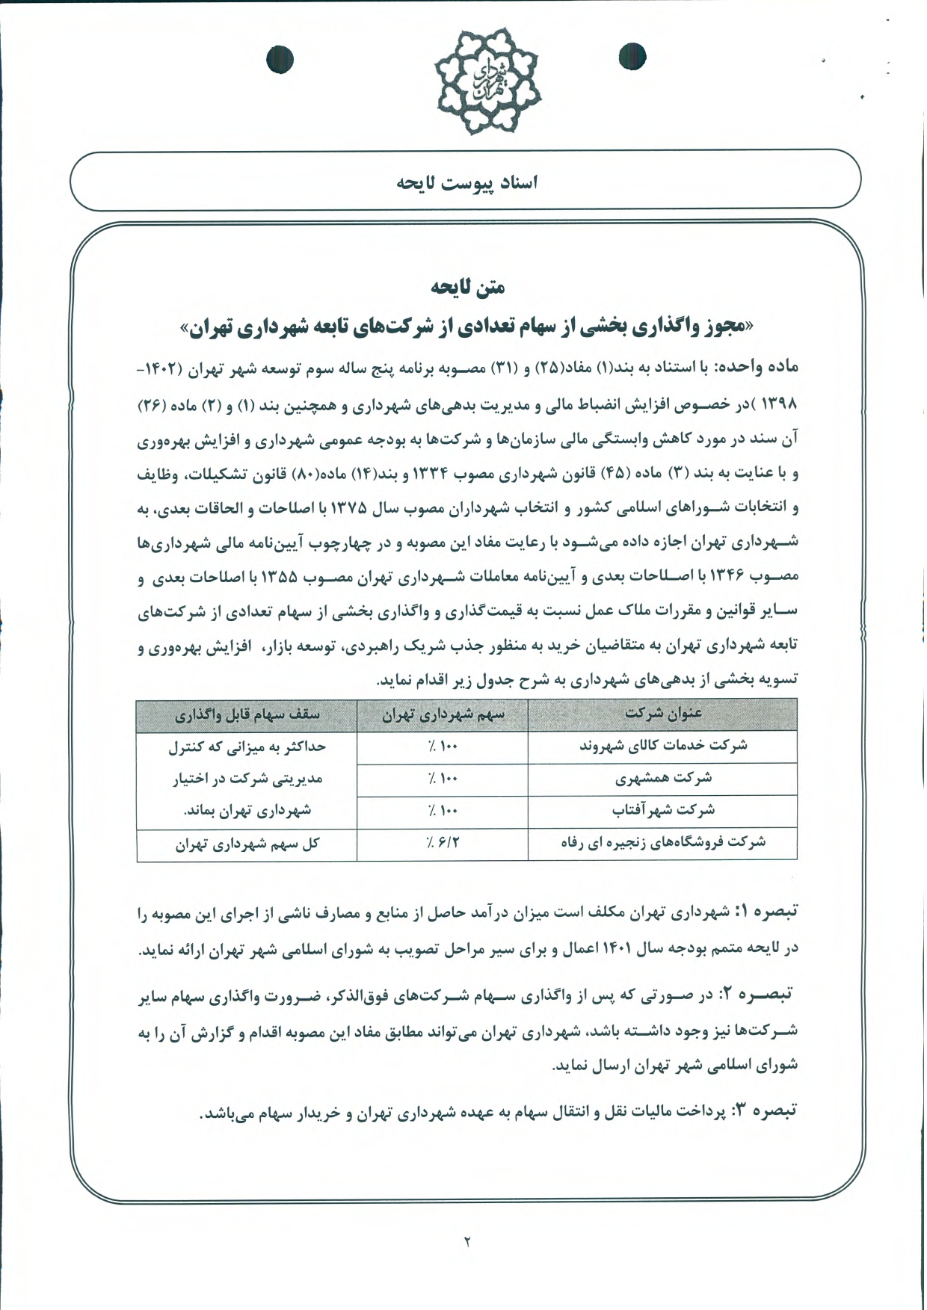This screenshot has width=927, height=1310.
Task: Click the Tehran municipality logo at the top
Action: [x=488, y=81]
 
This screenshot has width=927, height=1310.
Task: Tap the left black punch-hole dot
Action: [x=280, y=59]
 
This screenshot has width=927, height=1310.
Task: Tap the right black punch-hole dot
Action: [x=632, y=56]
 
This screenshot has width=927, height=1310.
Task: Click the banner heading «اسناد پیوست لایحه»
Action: [x=466, y=182]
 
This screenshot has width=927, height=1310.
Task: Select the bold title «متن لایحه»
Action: [x=467, y=287]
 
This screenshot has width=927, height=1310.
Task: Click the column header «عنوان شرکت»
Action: [x=662, y=714]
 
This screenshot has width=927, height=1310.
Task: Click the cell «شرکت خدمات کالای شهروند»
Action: [x=662, y=746]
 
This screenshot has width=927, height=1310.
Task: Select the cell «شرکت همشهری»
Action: [x=662, y=779]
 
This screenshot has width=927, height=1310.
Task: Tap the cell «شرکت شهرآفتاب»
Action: [x=662, y=810]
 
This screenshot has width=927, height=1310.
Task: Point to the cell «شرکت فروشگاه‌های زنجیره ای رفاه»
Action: [x=662, y=842]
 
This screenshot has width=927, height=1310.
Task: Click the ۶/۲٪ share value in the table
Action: [x=443, y=843]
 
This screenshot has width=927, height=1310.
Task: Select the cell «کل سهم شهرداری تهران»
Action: [x=247, y=844]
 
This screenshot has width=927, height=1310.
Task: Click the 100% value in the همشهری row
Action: [x=443, y=779]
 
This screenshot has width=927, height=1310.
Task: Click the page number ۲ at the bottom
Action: [x=467, y=1241]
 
